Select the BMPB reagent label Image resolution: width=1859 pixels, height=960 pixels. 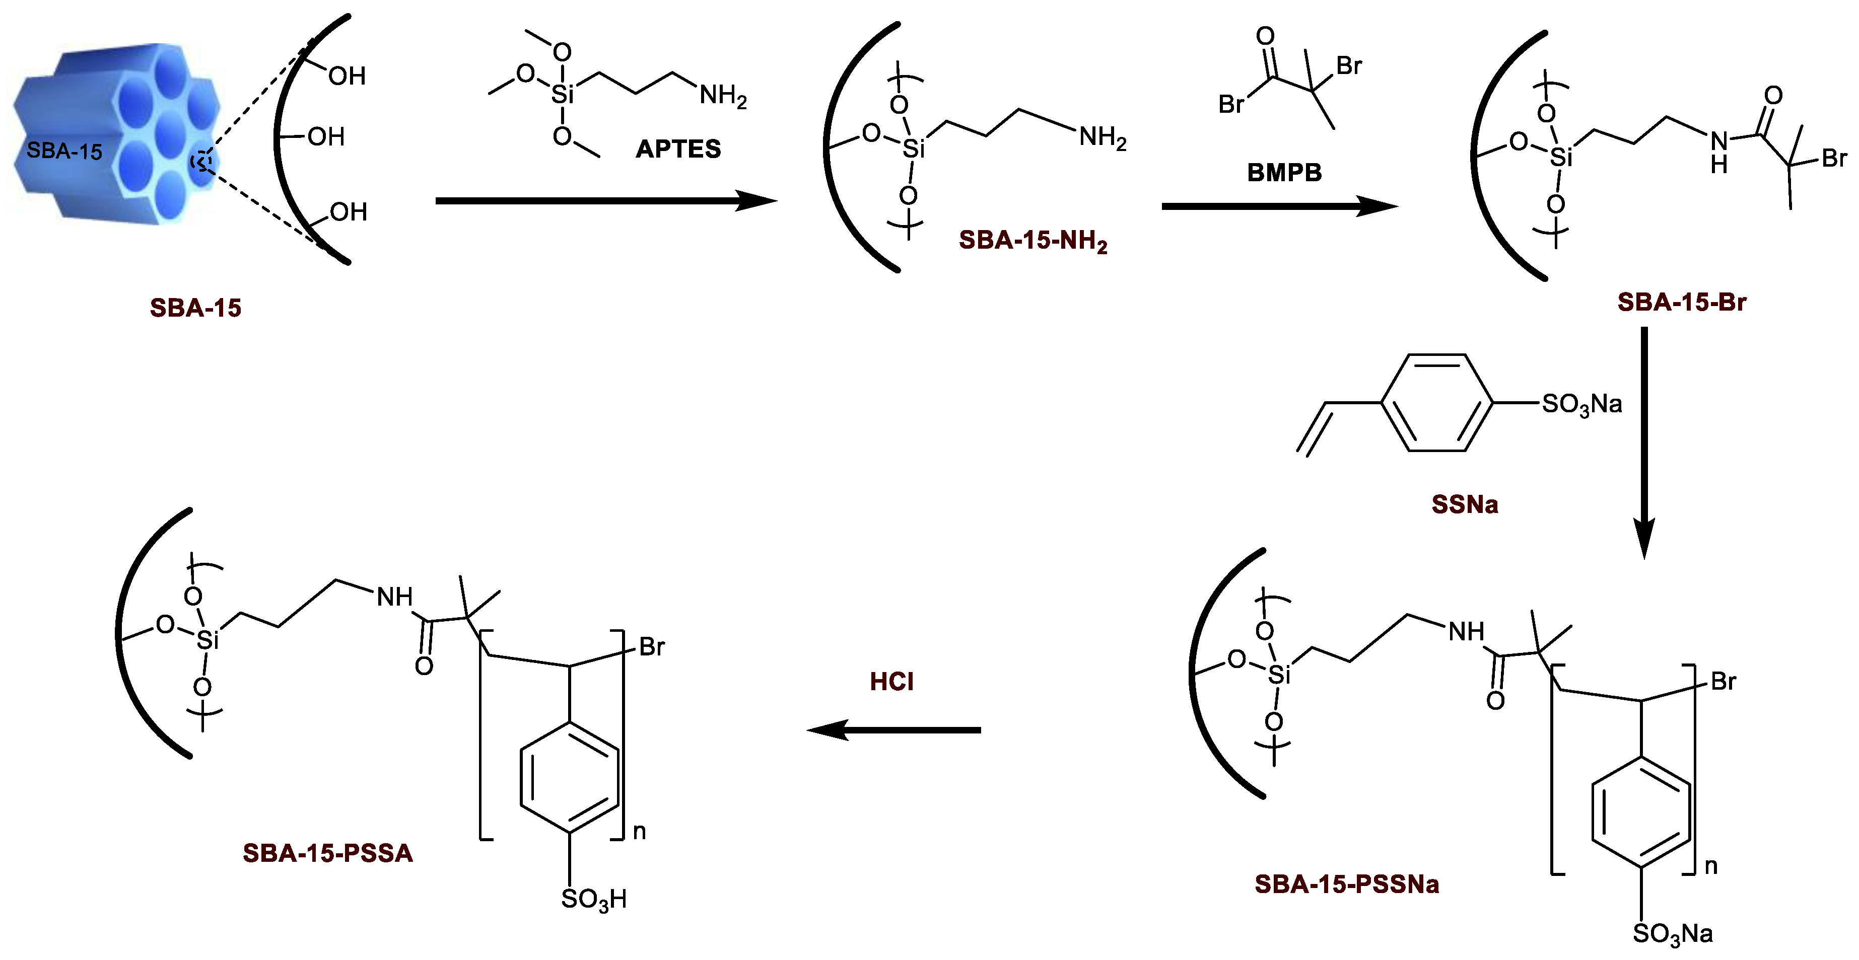pyautogui.click(x=1284, y=172)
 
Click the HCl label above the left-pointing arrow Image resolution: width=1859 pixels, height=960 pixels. pyautogui.click(x=891, y=682)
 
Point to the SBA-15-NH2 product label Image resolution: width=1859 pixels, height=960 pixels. pyautogui.click(x=1032, y=240)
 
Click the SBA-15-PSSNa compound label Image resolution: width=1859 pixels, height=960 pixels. pyautogui.click(x=1347, y=883)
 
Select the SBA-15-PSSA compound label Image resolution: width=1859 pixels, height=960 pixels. pyautogui.click(x=328, y=853)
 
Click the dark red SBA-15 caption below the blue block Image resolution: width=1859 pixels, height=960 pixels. pyautogui.click(x=195, y=308)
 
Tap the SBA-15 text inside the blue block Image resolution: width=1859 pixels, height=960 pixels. pyautogui.click(x=64, y=151)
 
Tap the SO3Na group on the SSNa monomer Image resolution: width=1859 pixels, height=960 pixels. pyautogui.click(x=1582, y=404)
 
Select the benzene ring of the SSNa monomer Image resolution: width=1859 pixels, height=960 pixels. pyautogui.click(x=1437, y=402)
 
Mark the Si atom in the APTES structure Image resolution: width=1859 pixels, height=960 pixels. pyautogui.click(x=562, y=94)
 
